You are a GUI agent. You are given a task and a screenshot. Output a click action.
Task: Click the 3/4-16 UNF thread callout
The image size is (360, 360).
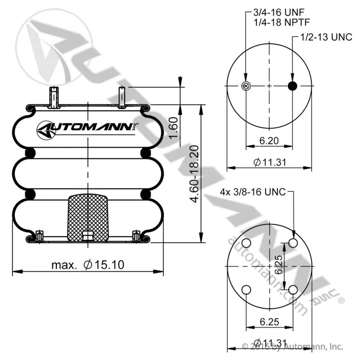(x=279, y=12)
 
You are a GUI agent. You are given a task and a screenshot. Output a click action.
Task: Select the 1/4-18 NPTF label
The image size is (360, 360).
(x=282, y=22)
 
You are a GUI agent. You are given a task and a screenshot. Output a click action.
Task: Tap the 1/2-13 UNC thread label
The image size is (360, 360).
(x=326, y=37)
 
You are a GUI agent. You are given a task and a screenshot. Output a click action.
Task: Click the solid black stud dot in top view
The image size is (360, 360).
(x=292, y=86)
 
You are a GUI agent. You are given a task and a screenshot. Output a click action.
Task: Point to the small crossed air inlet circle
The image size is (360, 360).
(x=246, y=86)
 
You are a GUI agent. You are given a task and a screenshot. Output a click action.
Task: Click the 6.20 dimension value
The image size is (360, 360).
(x=269, y=140)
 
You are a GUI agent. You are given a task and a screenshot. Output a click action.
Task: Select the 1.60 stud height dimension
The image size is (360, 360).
(x=173, y=128)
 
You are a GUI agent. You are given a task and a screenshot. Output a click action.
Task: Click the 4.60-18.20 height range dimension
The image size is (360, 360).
(x=194, y=174)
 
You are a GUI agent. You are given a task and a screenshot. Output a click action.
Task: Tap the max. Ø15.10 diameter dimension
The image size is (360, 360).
(x=88, y=265)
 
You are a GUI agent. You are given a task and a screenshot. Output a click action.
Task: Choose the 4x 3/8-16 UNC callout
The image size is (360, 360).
(x=253, y=192)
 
